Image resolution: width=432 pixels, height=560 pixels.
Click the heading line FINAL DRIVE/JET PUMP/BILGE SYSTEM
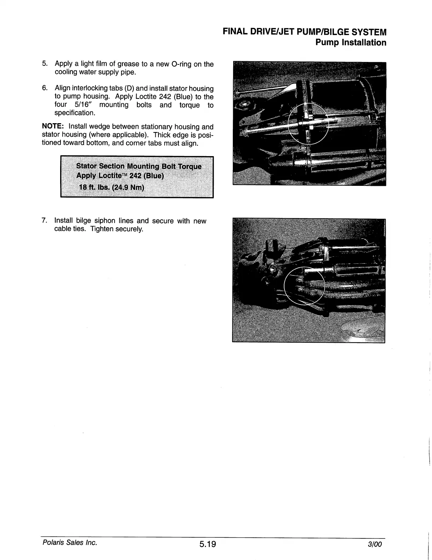(x=304, y=32)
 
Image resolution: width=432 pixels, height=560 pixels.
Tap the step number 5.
(x=44, y=64)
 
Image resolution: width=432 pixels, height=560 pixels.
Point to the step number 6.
(x=44, y=88)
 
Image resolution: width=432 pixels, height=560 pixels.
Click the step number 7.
(x=44, y=221)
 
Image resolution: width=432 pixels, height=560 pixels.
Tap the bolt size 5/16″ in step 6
(x=83, y=105)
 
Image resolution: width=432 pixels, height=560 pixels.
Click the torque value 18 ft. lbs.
(x=94, y=187)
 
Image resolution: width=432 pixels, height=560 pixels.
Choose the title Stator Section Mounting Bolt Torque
(x=139, y=166)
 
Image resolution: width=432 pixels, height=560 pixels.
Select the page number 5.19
(x=207, y=544)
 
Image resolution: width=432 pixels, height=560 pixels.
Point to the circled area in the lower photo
(x=305, y=285)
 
